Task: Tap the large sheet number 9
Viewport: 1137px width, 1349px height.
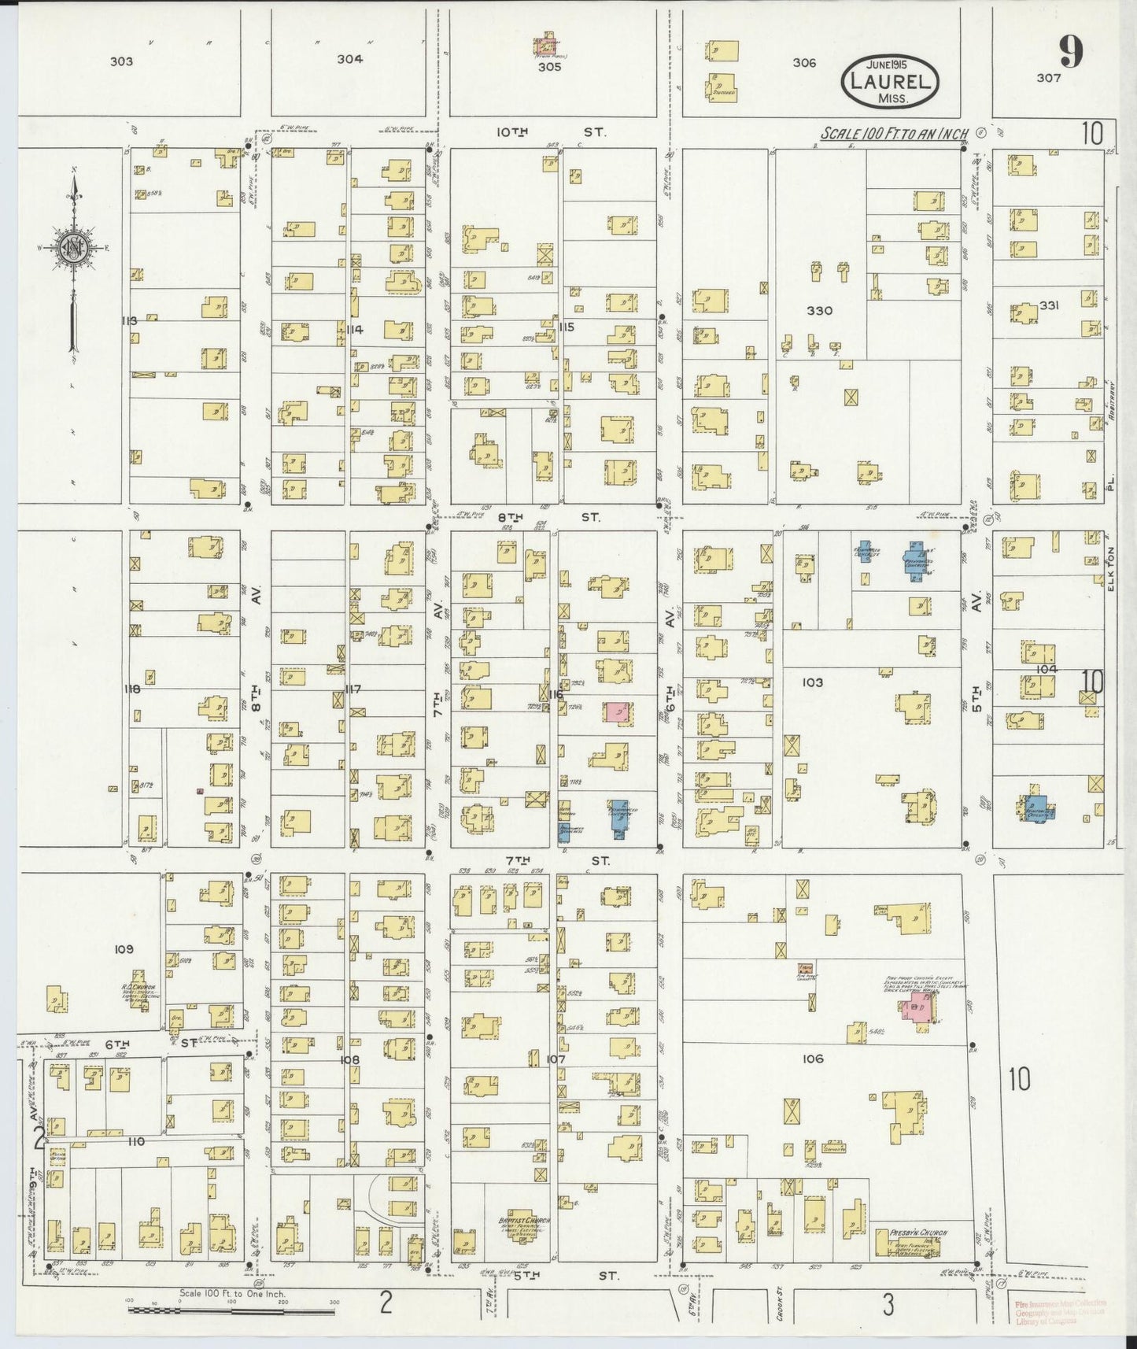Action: (x=1070, y=53)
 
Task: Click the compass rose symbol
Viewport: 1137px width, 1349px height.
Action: (x=74, y=246)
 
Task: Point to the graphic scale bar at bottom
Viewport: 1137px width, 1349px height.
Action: (x=231, y=1311)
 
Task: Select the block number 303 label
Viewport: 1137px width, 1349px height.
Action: (x=121, y=61)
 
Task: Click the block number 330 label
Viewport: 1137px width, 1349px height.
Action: (x=819, y=310)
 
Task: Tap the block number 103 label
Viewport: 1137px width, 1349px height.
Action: (x=812, y=682)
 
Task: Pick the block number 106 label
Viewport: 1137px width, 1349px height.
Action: (x=813, y=1059)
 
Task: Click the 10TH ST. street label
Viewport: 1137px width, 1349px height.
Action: (x=550, y=132)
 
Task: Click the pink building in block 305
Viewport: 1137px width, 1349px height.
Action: (x=545, y=46)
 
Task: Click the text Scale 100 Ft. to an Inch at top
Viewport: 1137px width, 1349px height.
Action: (x=893, y=134)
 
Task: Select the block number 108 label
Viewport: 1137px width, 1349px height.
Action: (x=349, y=1059)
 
